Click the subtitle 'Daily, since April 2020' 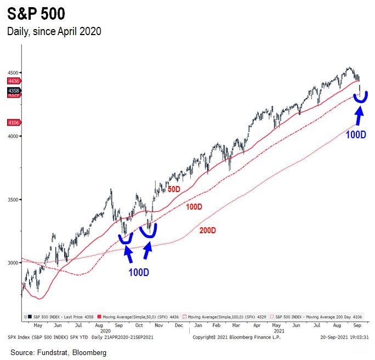(x=54, y=31)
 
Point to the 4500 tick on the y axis (x=12, y=72)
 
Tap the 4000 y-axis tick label (x=12, y=136)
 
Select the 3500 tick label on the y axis (x=12, y=200)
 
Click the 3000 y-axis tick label (x=12, y=263)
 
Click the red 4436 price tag (x=14, y=81)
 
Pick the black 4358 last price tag (x=14, y=90)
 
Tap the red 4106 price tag (x=14, y=123)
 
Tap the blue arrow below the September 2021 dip (x=359, y=115)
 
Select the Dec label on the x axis (x=178, y=325)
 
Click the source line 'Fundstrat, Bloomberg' (x=59, y=352)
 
